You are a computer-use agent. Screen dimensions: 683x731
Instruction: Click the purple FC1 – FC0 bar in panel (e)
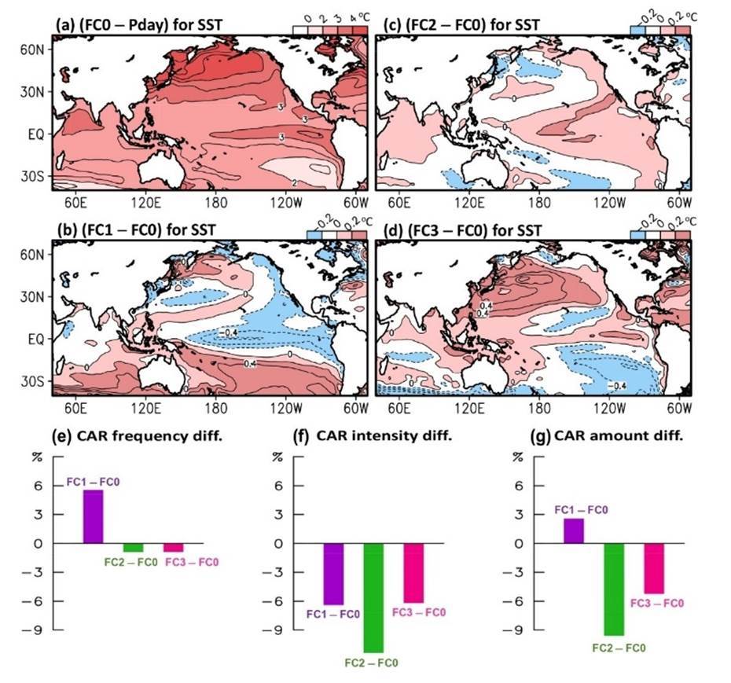pos(93,516)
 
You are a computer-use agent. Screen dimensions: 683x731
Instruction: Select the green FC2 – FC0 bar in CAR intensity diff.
pos(372,597)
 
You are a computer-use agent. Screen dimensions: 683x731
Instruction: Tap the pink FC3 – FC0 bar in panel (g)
pos(654,568)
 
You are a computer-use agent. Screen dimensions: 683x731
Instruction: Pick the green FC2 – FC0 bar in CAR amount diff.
pos(613,589)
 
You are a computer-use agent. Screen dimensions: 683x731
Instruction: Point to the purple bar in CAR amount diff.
pos(573,531)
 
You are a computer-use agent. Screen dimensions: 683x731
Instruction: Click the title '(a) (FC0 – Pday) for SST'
pos(138,25)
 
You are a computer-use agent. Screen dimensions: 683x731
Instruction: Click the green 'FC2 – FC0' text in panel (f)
pos(372,663)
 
